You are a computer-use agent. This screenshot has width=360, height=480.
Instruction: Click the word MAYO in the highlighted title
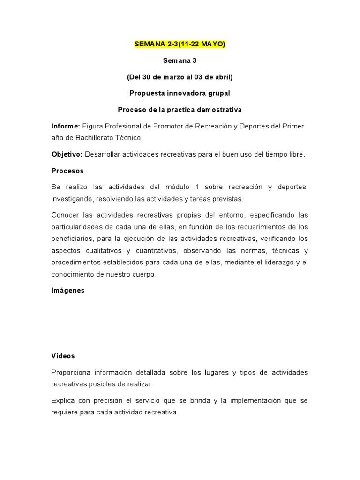[x=213, y=44]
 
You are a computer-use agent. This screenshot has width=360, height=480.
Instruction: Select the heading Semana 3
[x=180, y=60]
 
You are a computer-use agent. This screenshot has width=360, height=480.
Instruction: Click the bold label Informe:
[x=66, y=126]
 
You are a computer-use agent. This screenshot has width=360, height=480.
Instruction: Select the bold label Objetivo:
[x=67, y=154]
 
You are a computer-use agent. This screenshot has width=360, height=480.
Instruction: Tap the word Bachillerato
[x=90, y=138]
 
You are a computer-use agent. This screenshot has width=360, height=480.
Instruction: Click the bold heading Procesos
[x=67, y=171]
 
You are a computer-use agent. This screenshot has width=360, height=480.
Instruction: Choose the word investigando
[x=72, y=199]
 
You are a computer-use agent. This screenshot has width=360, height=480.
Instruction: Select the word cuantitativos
[x=152, y=250]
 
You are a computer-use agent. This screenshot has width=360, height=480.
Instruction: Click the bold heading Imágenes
[x=68, y=290]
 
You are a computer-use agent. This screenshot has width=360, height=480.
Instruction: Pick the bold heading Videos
[x=63, y=356]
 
